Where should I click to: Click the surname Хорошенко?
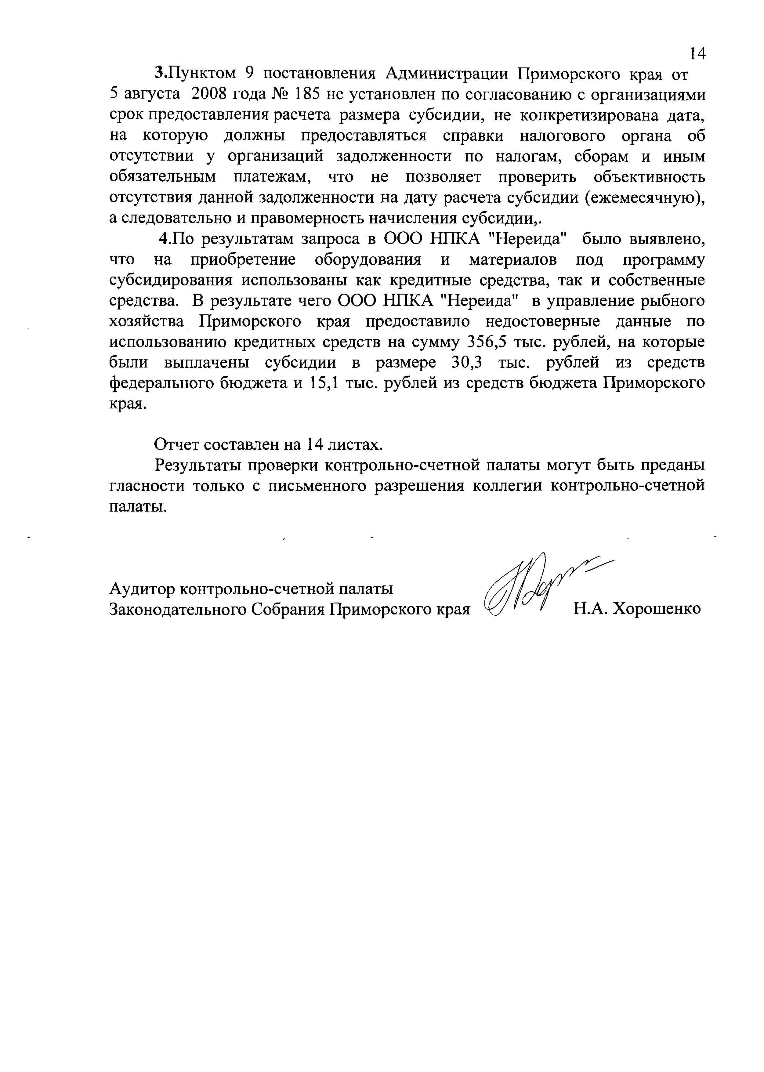point(658,609)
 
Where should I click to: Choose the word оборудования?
point(368,260)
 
